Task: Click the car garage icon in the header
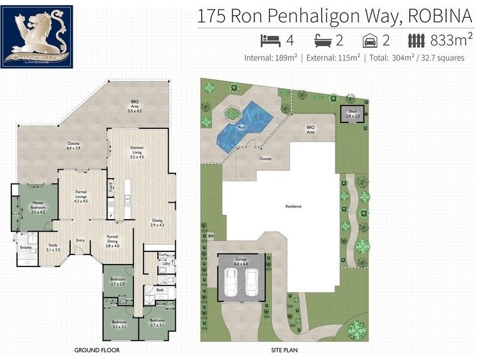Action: click(370, 40)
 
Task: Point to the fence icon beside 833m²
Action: click(417, 40)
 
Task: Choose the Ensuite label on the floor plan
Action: click(25, 247)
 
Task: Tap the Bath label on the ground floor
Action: click(160, 290)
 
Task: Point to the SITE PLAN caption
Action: click(284, 349)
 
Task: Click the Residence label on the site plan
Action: click(293, 207)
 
